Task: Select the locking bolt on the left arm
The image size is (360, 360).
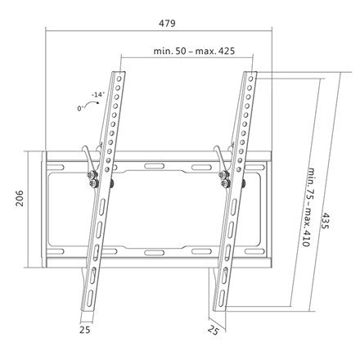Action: click(x=96, y=182)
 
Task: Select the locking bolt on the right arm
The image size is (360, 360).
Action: click(x=226, y=182)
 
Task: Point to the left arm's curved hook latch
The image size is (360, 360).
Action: click(x=84, y=160)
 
